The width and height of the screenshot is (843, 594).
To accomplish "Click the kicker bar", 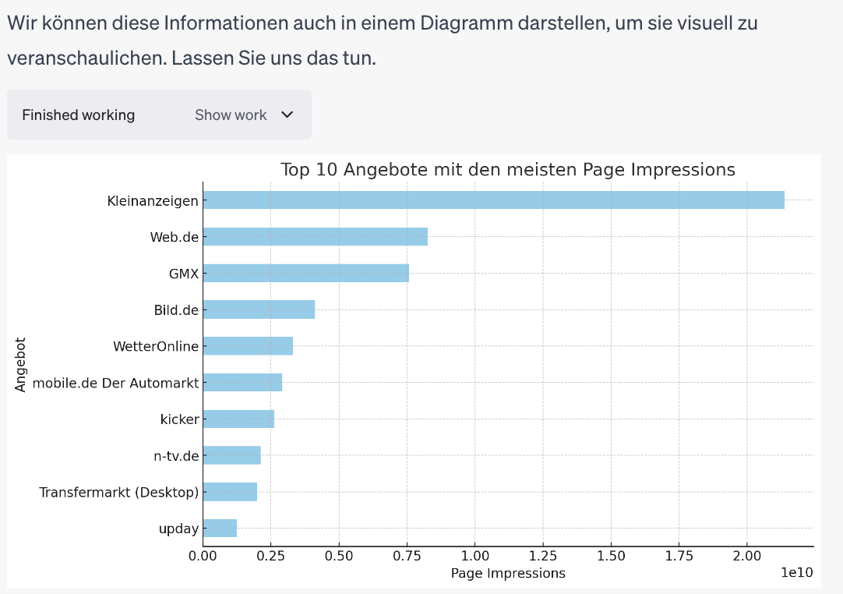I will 238,419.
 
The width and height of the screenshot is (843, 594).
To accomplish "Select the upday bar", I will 220,529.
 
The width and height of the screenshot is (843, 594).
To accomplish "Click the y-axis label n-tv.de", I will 176,455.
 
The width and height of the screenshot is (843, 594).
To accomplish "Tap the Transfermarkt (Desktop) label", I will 119,492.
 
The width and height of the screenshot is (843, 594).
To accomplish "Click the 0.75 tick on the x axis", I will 407,557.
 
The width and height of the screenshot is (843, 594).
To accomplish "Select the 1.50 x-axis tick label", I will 611,557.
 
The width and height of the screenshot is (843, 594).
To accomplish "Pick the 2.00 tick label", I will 746,557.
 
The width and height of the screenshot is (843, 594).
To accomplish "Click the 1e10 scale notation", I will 797,573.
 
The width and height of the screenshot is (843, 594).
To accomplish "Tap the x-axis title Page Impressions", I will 508,573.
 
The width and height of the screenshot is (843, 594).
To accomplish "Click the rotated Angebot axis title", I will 20,364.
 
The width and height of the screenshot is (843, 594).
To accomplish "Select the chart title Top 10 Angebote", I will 507,169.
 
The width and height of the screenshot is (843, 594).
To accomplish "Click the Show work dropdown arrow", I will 287,115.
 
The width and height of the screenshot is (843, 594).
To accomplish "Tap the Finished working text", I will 78,115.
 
